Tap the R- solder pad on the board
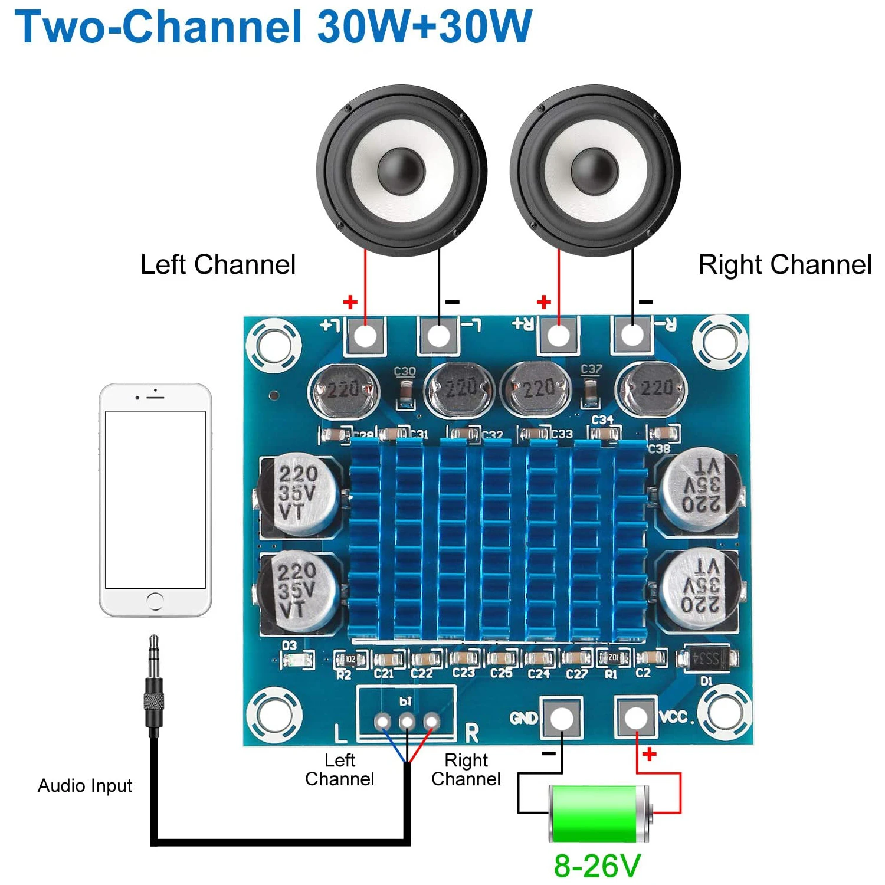(x=632, y=336)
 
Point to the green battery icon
(x=599, y=813)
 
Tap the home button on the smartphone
(x=155, y=601)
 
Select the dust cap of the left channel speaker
(x=401, y=168)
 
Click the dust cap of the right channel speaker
(x=595, y=168)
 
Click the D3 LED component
(x=298, y=660)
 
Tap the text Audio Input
(x=85, y=786)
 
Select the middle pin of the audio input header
(x=407, y=720)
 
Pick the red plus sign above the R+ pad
(x=544, y=302)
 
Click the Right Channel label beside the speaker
(x=785, y=264)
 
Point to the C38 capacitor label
(x=659, y=449)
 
